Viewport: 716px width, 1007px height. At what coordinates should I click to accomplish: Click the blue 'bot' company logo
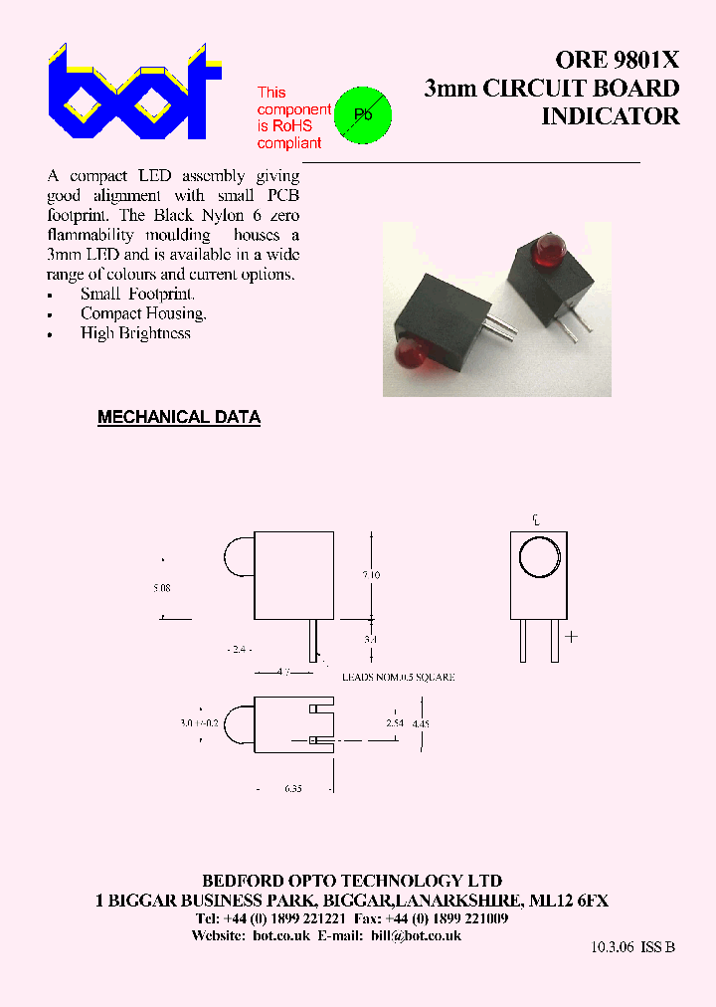(133, 94)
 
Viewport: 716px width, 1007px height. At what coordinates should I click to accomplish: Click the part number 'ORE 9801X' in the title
(618, 59)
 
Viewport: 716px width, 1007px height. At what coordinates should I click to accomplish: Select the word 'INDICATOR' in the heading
(610, 116)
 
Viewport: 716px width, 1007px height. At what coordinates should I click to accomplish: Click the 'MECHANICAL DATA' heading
(179, 418)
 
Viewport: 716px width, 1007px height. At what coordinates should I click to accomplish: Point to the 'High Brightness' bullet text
(135, 334)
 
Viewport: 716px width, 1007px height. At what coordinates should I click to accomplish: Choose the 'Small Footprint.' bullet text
(138, 295)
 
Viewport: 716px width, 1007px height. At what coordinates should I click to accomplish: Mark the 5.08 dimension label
(162, 588)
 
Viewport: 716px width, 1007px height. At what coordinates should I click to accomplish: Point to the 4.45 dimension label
(421, 723)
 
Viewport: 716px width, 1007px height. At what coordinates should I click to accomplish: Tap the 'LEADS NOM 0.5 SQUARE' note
(398, 677)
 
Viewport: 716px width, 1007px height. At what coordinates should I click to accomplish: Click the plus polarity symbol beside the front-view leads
(571, 636)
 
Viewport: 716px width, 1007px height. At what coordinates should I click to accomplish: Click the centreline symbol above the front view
(536, 519)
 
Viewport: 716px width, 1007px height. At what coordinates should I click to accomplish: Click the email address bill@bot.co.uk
(417, 936)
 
